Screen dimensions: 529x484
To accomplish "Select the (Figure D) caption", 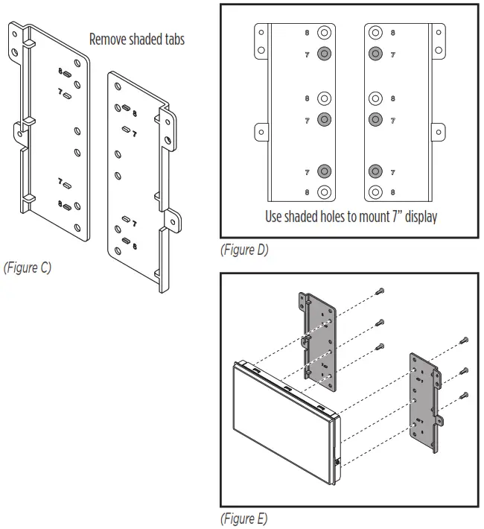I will [243, 250].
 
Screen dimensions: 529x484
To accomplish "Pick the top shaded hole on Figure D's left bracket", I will [324, 54].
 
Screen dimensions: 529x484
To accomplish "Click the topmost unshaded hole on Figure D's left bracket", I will [324, 34].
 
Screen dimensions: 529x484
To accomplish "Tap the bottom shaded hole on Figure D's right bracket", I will [375, 171].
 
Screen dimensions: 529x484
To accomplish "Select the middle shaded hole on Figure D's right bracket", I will [375, 118].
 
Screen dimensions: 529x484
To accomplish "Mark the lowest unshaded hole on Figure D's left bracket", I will [324, 191].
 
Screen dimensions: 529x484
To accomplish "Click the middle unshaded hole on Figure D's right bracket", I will [375, 98].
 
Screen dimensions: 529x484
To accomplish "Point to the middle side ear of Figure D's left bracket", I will [261, 131].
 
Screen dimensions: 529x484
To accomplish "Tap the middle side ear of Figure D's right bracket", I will [439, 131].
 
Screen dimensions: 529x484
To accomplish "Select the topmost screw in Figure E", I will [380, 291].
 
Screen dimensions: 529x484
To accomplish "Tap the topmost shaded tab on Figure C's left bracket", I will [66, 75].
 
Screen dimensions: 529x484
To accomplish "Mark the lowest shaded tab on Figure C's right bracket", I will [126, 241].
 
